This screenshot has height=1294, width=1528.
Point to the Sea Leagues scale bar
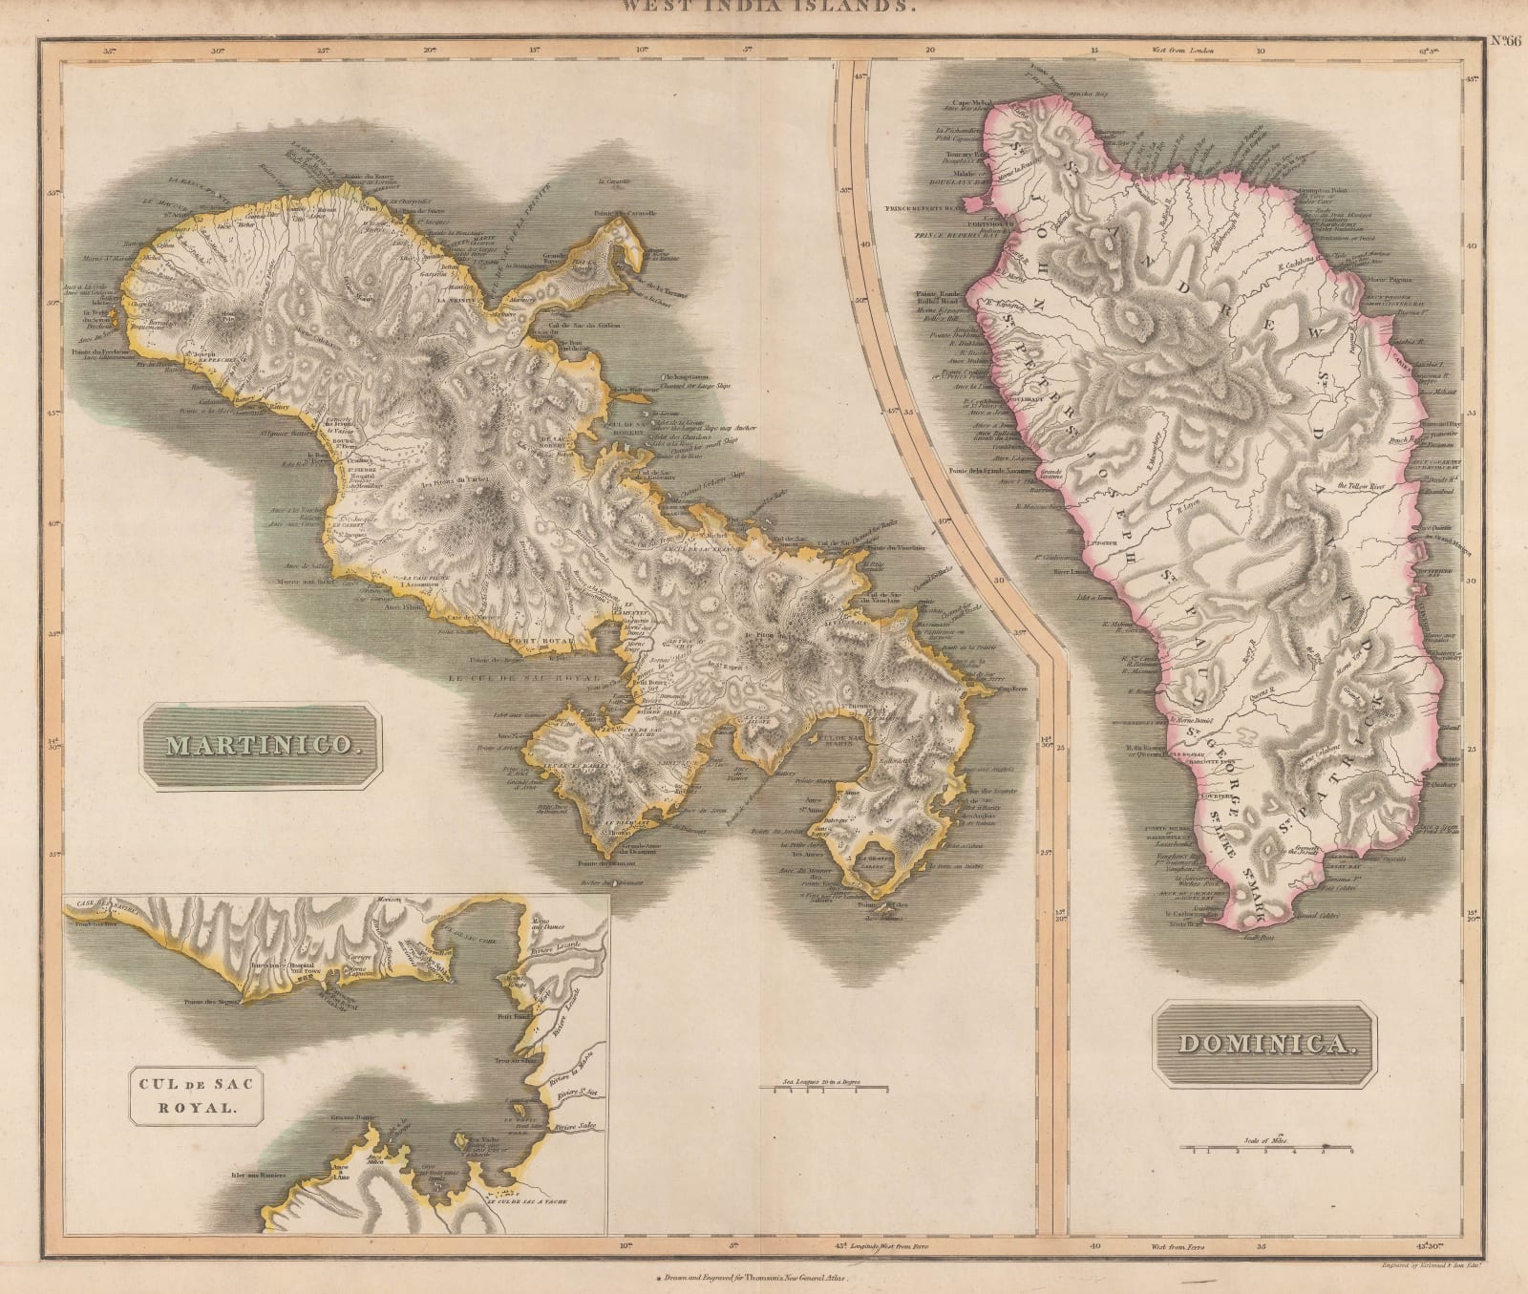click(822, 1088)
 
